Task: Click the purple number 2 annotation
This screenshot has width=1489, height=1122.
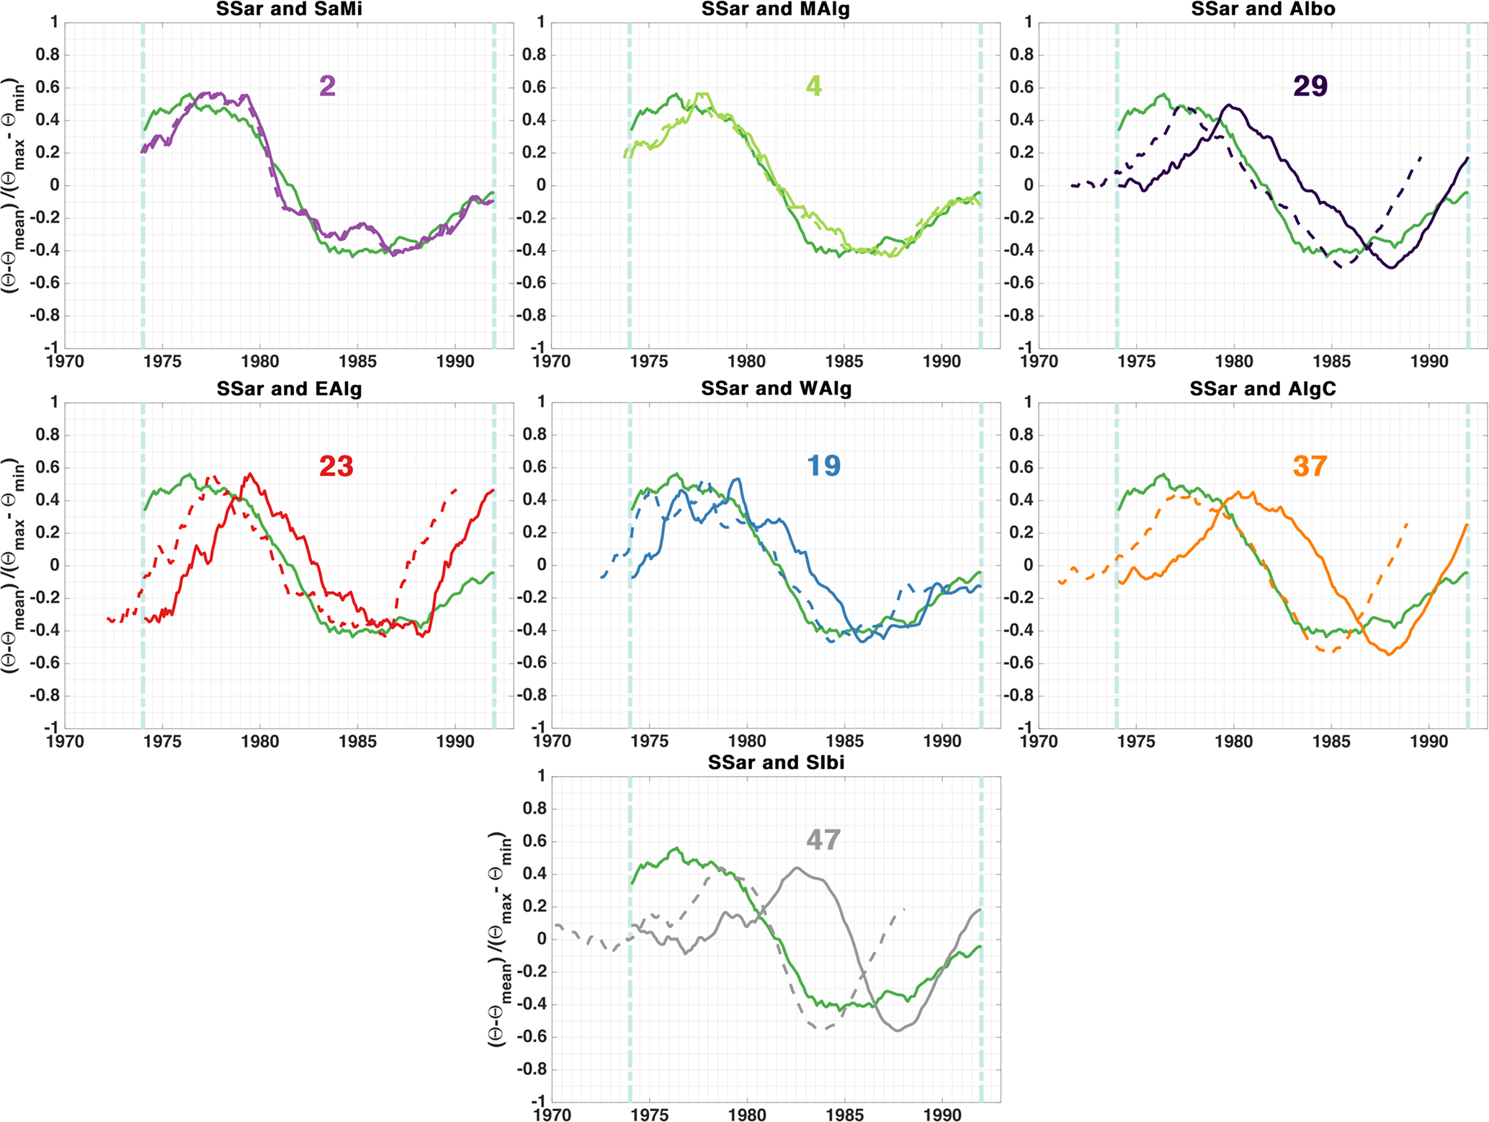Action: [327, 86]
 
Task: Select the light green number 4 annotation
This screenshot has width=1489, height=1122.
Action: [813, 86]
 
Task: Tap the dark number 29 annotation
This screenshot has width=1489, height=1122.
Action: [1310, 86]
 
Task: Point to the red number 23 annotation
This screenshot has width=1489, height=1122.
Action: [336, 466]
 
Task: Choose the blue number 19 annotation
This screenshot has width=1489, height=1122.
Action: [823, 466]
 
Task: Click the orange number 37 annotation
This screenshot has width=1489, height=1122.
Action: [1310, 466]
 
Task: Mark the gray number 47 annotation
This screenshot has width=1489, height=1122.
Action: [823, 840]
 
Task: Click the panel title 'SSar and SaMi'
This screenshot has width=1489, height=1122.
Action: [289, 9]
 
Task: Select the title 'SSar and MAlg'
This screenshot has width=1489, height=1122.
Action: [776, 9]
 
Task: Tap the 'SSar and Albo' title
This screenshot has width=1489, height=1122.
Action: [1263, 9]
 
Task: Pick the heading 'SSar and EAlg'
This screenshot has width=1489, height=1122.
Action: [289, 389]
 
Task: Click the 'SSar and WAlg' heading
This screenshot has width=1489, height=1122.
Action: [776, 389]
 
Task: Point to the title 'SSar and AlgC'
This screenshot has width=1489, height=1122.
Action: [1263, 389]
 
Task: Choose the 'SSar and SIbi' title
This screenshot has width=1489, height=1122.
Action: [776, 762]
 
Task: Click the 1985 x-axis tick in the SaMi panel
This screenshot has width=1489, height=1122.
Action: [358, 361]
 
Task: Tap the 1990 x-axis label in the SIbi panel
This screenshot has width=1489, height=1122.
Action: [942, 1115]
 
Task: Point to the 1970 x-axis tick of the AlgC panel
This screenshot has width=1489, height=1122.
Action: [1039, 742]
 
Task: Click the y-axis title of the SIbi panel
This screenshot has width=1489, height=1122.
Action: [498, 939]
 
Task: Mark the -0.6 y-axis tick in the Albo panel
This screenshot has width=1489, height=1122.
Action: [1018, 282]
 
